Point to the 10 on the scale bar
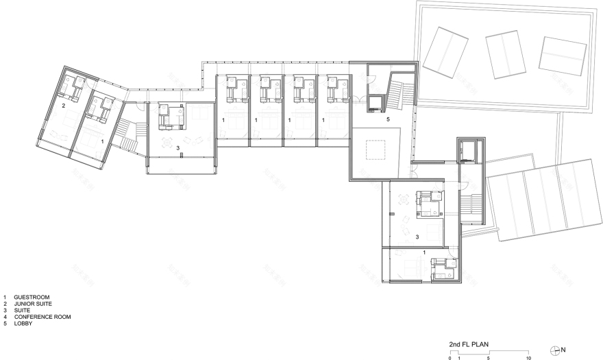[x=528, y=358]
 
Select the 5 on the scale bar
[x=489, y=358]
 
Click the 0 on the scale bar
[x=450, y=358]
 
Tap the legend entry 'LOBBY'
[x=22, y=324]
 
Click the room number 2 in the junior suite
[x=63, y=106]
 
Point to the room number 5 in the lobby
[x=387, y=119]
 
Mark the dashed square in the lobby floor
[x=376, y=149]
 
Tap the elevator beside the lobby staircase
[x=375, y=104]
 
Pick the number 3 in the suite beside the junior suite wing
[x=177, y=147]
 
